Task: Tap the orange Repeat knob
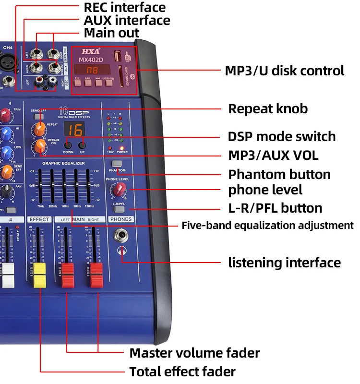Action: coord(39,128)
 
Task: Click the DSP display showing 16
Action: coord(74,130)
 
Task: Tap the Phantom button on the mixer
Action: coord(117,164)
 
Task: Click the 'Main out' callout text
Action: coord(111,33)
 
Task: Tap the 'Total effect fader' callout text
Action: coord(182,371)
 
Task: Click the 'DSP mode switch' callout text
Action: coord(282,136)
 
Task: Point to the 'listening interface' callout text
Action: coord(284,263)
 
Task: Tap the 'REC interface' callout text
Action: coord(124,8)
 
